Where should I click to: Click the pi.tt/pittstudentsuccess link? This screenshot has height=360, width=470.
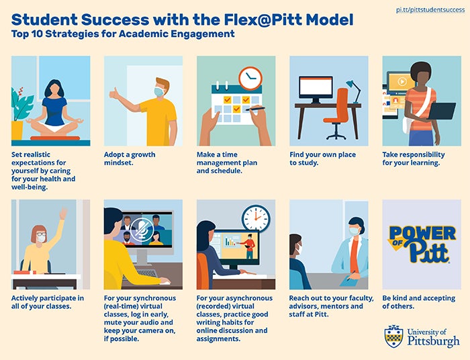click(x=430, y=10)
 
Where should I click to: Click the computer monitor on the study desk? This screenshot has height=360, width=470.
click(x=316, y=89)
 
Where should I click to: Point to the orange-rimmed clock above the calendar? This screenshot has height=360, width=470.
click(x=250, y=78)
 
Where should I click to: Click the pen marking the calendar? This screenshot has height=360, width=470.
click(x=255, y=109)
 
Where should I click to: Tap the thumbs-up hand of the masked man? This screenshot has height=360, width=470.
click(x=114, y=93)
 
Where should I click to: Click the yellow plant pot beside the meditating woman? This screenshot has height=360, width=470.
click(x=17, y=130)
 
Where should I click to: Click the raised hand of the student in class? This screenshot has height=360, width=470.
click(x=63, y=214)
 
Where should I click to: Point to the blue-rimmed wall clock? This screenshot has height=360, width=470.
click(x=256, y=218)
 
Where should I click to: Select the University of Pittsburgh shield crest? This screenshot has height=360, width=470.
click(x=393, y=336)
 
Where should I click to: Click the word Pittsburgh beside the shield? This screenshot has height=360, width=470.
click(x=434, y=341)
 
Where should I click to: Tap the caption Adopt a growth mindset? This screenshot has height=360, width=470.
click(x=130, y=159)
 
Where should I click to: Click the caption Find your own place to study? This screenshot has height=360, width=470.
click(x=322, y=159)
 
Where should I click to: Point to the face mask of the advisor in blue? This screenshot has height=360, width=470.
click(x=354, y=231)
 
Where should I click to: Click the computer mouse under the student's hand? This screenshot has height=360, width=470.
click(x=164, y=282)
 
